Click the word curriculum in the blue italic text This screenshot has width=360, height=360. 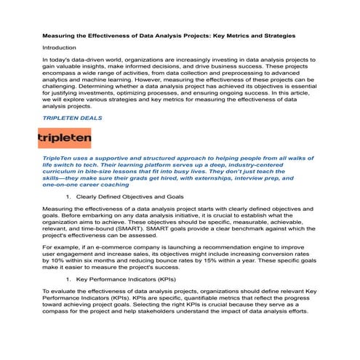[64, 171]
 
